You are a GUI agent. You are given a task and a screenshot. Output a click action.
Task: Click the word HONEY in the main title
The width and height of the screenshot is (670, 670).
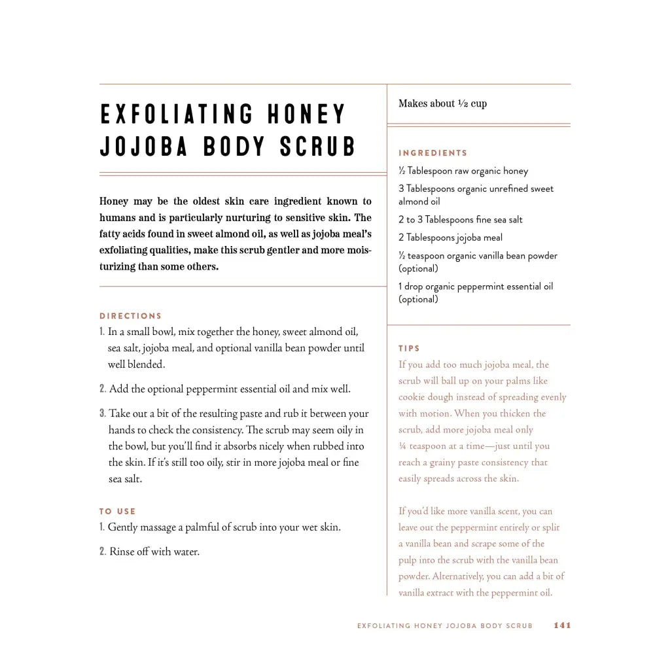click(x=306, y=115)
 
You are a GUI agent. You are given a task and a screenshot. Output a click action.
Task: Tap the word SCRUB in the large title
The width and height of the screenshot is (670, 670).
click(x=318, y=147)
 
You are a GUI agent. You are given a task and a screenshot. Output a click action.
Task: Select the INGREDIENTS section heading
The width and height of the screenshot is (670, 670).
click(x=433, y=153)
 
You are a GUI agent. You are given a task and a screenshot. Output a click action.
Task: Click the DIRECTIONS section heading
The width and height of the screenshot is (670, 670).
click(x=131, y=316)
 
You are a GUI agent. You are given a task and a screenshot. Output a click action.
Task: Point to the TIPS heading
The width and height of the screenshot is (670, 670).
click(x=410, y=349)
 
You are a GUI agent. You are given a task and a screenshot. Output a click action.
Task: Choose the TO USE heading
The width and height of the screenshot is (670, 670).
click(x=118, y=512)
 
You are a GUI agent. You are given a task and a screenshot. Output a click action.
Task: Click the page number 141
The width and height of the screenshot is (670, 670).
click(x=562, y=626)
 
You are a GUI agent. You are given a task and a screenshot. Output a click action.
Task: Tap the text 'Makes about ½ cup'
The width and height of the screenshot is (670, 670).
click(x=442, y=103)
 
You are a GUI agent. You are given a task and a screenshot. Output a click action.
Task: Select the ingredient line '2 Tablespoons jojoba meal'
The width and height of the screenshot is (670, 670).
click(x=451, y=238)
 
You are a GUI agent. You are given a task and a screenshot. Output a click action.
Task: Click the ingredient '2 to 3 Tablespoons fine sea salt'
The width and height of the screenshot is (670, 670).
click(x=461, y=220)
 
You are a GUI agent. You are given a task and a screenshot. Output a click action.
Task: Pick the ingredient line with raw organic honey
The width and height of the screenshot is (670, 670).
click(x=463, y=171)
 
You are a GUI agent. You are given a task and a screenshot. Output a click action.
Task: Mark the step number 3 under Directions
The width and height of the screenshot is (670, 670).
click(x=103, y=414)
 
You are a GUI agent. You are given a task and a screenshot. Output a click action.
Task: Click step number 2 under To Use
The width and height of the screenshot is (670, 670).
click(x=102, y=552)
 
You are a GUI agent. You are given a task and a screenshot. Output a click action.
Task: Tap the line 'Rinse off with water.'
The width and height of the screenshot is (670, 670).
click(x=154, y=552)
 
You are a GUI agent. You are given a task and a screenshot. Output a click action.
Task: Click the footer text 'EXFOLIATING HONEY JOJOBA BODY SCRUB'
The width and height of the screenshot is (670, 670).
click(x=445, y=626)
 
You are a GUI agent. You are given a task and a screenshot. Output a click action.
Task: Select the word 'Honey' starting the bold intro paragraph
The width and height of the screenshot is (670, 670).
click(x=114, y=202)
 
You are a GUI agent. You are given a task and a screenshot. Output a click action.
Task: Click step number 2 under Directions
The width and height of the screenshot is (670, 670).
click(x=103, y=389)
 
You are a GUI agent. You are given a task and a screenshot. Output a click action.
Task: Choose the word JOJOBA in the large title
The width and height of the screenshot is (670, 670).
click(x=144, y=147)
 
